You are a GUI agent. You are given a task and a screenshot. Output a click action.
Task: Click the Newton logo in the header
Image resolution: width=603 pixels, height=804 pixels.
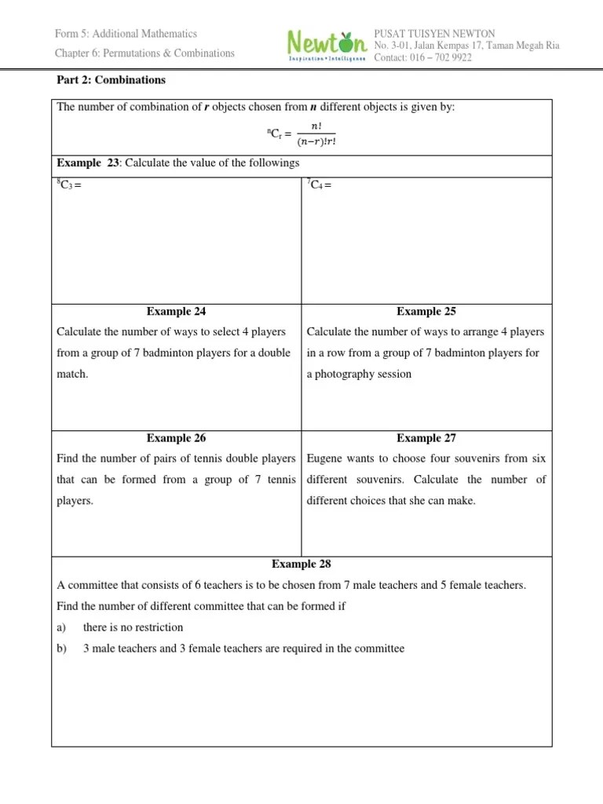326,46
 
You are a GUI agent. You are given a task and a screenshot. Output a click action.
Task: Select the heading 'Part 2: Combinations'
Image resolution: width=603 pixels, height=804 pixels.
111,80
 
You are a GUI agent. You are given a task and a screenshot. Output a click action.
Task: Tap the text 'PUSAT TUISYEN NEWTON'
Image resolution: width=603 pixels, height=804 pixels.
434,35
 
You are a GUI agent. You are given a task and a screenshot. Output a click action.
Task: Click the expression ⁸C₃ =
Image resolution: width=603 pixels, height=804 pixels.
69,185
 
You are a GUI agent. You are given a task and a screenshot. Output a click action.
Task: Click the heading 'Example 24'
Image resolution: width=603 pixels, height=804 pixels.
176,312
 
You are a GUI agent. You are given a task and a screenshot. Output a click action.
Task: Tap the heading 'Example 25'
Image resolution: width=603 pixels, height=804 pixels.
426,312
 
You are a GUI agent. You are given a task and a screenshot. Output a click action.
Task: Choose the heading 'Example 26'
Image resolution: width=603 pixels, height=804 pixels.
176,438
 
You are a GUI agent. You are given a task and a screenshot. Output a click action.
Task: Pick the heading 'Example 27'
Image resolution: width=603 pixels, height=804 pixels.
426,438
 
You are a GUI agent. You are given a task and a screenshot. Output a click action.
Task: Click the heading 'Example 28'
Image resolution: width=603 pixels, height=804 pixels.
301,564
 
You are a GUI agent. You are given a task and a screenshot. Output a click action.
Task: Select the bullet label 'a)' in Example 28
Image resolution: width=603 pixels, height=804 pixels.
63,627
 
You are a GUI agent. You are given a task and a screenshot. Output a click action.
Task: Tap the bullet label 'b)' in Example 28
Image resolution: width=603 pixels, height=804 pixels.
63,649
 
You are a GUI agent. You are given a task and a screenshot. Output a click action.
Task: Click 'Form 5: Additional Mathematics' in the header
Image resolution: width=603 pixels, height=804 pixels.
126,34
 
